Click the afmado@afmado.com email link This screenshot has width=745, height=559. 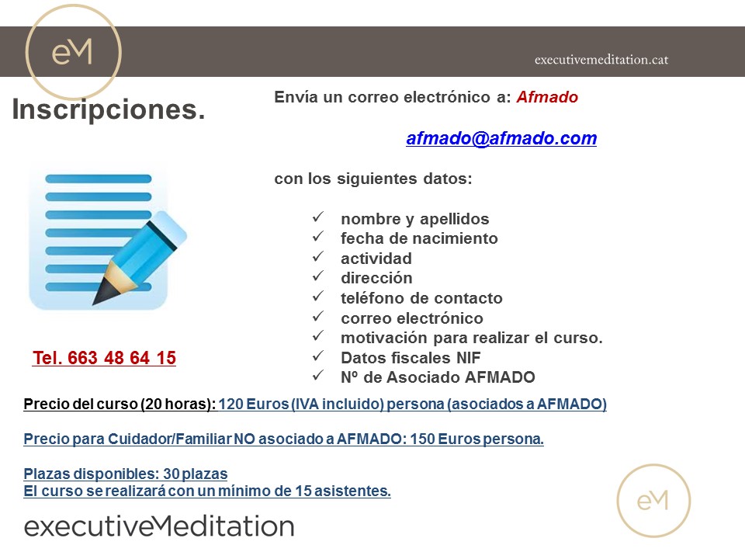click(x=501, y=138)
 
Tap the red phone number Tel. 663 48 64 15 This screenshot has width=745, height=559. click(x=104, y=357)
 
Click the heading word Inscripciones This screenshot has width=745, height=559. click(x=109, y=109)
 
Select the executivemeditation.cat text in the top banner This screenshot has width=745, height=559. click(x=601, y=60)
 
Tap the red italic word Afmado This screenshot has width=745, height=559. click(x=547, y=97)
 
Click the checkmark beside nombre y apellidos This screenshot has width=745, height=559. click(x=318, y=217)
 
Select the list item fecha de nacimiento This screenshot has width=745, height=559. click(x=419, y=238)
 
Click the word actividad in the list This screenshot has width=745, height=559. click(x=376, y=258)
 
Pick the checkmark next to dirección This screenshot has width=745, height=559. click(x=318, y=276)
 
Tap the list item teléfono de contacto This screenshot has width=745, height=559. click(x=421, y=298)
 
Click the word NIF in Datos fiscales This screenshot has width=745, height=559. click(x=469, y=357)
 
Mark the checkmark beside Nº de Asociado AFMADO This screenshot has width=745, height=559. click(x=318, y=376)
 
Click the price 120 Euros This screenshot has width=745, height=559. click(x=253, y=404)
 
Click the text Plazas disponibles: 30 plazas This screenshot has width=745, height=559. click(x=126, y=474)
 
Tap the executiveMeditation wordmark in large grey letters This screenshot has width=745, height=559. click(x=159, y=526)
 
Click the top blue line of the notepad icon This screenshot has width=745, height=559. click(x=99, y=179)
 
